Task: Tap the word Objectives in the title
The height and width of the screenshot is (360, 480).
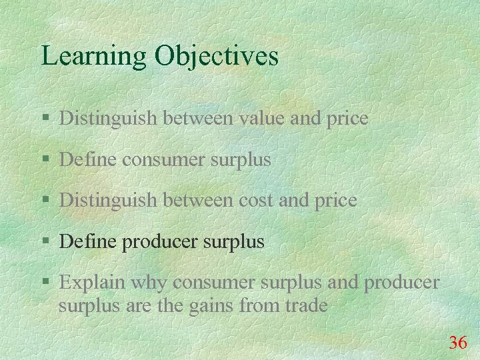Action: coord(217,56)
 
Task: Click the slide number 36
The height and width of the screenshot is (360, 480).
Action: coord(457,343)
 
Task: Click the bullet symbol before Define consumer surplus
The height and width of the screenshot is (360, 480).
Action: coord(45,160)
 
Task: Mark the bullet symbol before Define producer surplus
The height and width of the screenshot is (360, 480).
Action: coord(45,242)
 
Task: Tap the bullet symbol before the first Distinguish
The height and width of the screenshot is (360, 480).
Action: coord(45,119)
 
